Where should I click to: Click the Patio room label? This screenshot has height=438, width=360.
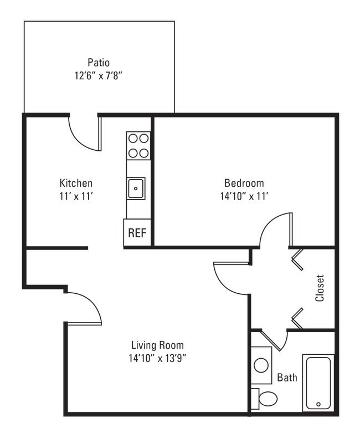click(98, 62)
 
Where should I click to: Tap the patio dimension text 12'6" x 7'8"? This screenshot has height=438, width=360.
click(98, 75)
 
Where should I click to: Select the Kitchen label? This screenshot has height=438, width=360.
click(76, 183)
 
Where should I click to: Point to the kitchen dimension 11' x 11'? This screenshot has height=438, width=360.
click(76, 196)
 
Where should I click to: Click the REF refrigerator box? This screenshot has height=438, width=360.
click(137, 233)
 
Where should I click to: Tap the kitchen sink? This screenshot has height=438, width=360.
click(136, 189)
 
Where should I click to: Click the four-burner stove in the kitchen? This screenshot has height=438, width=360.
click(138, 146)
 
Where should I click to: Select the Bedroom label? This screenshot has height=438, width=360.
click(244, 183)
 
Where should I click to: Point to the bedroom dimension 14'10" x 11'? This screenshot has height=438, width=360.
click(244, 196)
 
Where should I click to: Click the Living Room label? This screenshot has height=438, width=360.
click(157, 345)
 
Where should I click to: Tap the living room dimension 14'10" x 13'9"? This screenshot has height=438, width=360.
click(157, 358)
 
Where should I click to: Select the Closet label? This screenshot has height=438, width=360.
click(320, 288)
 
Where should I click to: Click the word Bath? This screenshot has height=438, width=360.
click(287, 378)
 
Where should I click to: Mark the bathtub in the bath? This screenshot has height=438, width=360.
click(318, 383)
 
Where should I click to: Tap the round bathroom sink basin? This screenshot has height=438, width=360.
click(261, 365)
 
